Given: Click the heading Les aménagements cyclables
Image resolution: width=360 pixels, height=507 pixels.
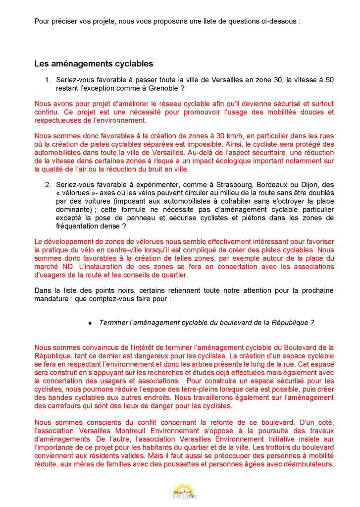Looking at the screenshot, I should click(x=94, y=64).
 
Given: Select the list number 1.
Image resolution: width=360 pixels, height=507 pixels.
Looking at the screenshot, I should click(x=48, y=80).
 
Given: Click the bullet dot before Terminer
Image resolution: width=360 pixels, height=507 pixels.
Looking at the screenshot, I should click(x=90, y=323).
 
